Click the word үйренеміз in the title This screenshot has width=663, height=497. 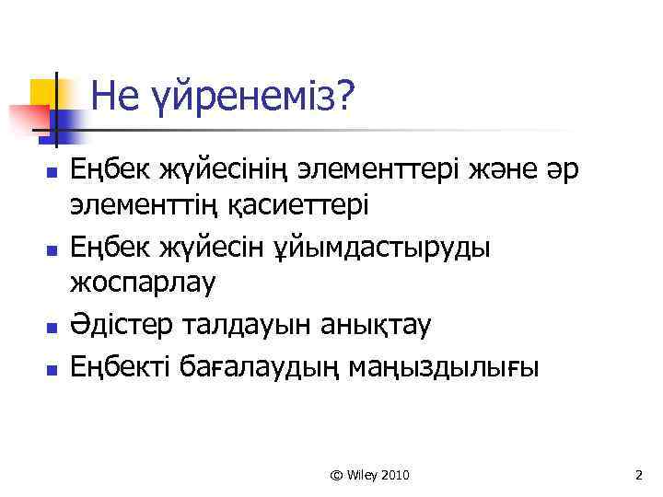tap(250, 95)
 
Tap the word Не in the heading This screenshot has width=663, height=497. tap(112, 95)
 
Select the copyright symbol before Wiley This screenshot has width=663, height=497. tap(335, 475)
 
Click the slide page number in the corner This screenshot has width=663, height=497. tap(638, 475)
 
